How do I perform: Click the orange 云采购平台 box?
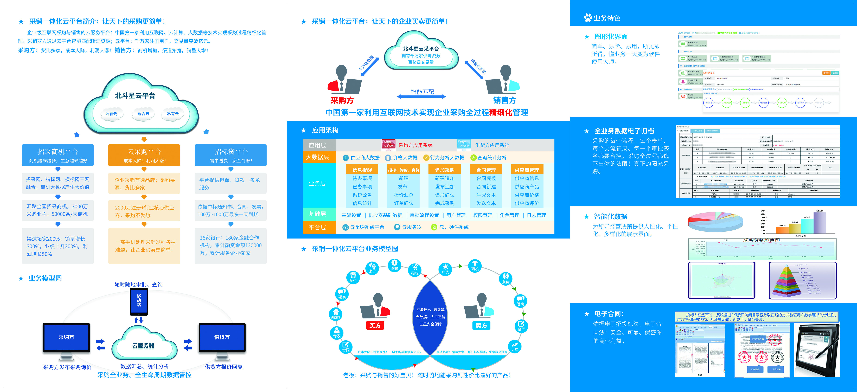point(144,155)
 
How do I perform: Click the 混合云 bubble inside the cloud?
point(143,114)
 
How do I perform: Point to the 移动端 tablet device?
point(139,301)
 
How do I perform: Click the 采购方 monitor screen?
point(66,337)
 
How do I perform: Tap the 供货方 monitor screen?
point(222,337)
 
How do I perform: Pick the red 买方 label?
point(375,325)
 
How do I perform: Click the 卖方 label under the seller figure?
point(481,325)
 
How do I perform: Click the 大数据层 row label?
point(317,157)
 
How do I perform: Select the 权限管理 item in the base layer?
point(483,215)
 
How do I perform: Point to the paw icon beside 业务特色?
point(588,18)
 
